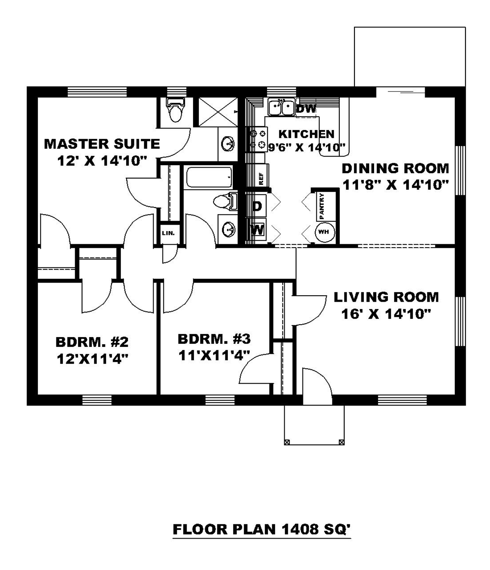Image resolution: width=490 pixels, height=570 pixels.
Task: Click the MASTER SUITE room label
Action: click(102, 144)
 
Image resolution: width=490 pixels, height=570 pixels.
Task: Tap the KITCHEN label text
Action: click(306, 134)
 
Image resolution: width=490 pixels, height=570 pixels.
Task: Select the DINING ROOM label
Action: click(395, 168)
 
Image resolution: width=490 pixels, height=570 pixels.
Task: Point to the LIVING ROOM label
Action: click(386, 297)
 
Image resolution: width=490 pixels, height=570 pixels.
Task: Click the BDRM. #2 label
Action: click(92, 342)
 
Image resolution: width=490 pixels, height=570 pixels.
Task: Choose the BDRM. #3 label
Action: click(214, 339)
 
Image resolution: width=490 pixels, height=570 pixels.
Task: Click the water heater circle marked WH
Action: click(325, 232)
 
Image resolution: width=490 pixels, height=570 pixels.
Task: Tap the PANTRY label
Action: click(322, 206)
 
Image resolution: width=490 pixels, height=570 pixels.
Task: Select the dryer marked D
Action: click(257, 206)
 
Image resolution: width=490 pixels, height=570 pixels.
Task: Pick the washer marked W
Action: click(257, 229)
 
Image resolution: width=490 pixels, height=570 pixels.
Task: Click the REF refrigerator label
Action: click(261, 179)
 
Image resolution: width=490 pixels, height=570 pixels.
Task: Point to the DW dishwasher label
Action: click(306, 109)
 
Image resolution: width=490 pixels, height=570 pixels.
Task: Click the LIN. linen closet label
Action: click(168, 233)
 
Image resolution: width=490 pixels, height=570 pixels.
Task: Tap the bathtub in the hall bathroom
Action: click(209, 177)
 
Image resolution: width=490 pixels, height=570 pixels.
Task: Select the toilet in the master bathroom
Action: click(175, 110)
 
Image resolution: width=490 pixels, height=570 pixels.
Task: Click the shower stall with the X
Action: click(218, 112)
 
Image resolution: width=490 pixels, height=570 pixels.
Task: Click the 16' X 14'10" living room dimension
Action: click(386, 314)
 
